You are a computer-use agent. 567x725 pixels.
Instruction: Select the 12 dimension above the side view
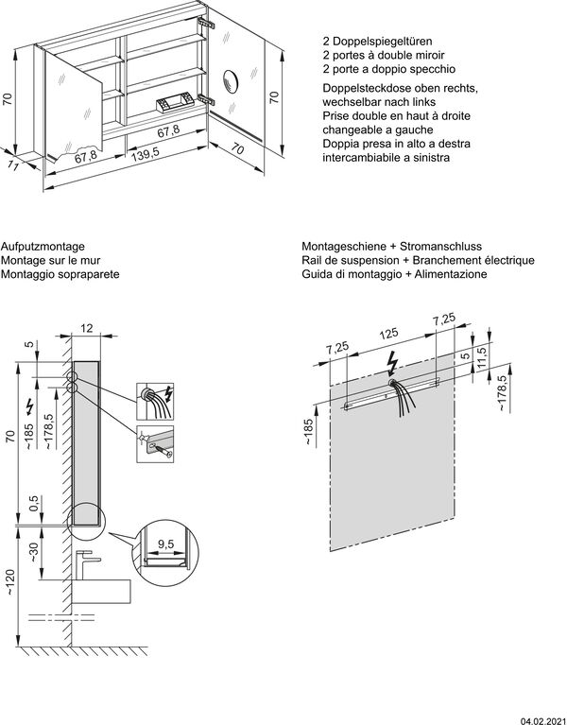(87, 327)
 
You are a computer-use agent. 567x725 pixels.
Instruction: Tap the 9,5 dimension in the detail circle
(165, 544)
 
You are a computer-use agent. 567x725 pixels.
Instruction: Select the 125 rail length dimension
(387, 334)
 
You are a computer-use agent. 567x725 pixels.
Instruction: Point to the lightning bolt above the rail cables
(392, 364)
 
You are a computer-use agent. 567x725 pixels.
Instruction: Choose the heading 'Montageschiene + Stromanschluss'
(382, 244)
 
